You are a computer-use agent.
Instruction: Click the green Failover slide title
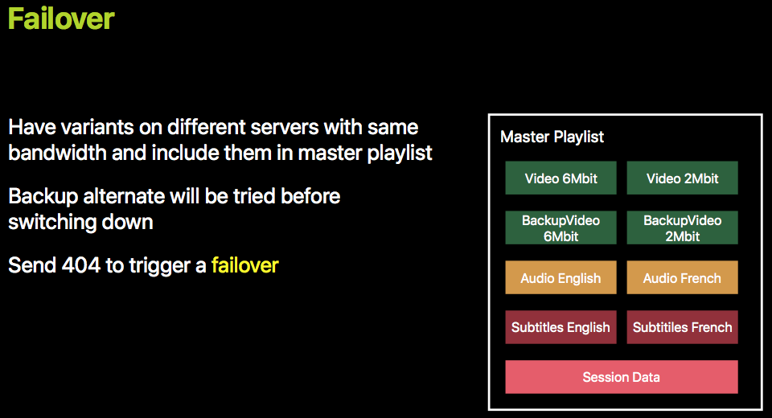pos(61,18)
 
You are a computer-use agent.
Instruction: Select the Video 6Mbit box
pos(561,178)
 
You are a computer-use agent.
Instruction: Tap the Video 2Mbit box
pos(683,178)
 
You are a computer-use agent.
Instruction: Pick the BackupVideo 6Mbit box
pos(561,227)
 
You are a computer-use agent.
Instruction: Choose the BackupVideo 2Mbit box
pos(683,227)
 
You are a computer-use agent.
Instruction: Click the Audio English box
pos(561,277)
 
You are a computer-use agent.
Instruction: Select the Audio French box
pos(683,277)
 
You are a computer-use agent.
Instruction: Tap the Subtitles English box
pos(561,327)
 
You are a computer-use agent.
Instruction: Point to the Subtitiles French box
pos(683,327)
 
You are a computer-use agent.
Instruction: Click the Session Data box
pos(622,377)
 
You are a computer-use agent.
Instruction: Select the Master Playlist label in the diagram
pos(552,137)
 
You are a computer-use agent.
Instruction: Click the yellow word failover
pos(244,265)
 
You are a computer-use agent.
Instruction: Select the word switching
pos(52,223)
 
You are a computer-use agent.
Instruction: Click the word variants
pos(95,128)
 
